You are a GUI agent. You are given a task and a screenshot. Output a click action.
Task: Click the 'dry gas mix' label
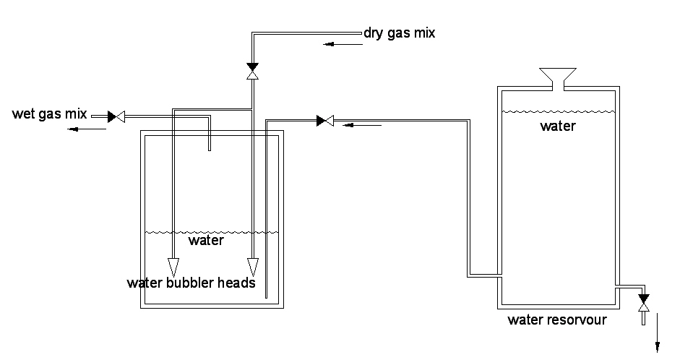[x=400, y=33]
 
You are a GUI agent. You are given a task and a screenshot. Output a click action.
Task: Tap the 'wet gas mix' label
[x=49, y=114]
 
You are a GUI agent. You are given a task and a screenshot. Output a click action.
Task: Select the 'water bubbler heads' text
[x=191, y=283]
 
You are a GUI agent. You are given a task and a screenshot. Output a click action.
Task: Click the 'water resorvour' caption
[x=557, y=320]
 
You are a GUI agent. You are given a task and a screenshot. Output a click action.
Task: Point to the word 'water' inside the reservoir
[x=558, y=127]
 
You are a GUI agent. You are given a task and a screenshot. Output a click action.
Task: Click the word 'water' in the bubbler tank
[x=206, y=240]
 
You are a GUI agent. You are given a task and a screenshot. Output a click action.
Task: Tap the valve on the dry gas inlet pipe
[x=252, y=71]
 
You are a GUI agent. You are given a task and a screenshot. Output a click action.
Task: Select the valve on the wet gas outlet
[x=116, y=116]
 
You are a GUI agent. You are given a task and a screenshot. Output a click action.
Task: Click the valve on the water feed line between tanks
[x=325, y=120]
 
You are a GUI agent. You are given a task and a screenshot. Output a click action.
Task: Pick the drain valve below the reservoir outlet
[x=644, y=303]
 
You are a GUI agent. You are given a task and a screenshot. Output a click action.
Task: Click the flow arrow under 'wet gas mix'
[x=85, y=129]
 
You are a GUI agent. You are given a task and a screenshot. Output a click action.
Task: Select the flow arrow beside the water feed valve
[x=361, y=125]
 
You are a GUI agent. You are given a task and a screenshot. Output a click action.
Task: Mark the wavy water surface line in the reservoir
[x=558, y=111]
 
